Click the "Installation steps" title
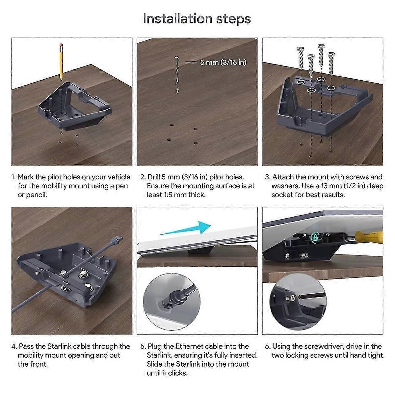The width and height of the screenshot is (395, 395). click(197, 19)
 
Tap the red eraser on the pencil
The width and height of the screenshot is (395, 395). click(61, 44)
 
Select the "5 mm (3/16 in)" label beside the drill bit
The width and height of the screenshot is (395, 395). click(223, 62)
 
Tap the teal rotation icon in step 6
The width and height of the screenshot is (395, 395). click(315, 237)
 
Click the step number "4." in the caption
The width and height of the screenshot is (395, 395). click(14, 346)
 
